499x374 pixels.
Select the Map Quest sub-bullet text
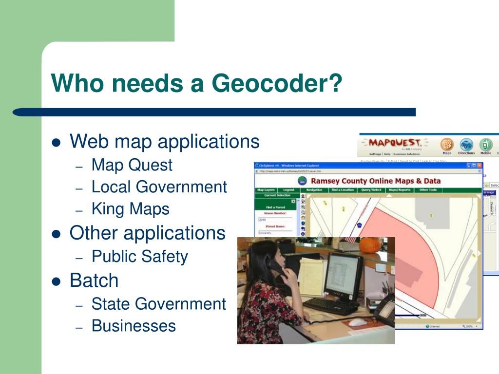tap(132, 165)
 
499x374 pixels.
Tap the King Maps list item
tap(130, 209)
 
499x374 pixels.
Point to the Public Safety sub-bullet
tap(139, 256)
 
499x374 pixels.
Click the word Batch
tap(94, 280)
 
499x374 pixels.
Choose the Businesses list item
tap(134, 325)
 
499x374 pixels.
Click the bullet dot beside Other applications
tap(57, 234)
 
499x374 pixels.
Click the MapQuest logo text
tap(395, 143)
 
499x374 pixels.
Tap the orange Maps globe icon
tap(447, 144)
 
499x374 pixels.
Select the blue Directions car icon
tap(466, 144)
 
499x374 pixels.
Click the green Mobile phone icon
tap(485, 144)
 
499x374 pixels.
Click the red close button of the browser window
tap(480, 166)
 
